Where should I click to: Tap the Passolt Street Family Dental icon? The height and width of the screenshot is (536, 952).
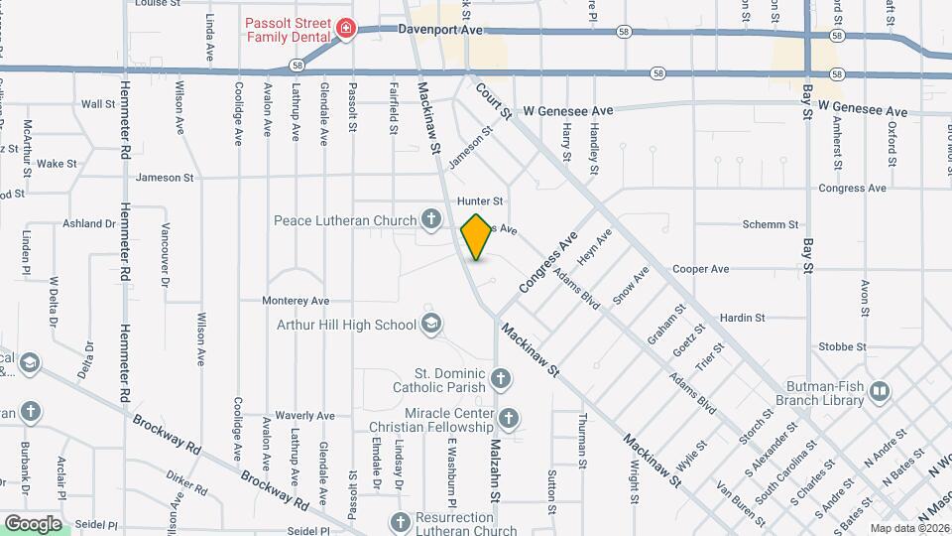(x=345, y=28)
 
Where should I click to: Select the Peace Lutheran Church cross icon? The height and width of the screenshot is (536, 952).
(x=430, y=217)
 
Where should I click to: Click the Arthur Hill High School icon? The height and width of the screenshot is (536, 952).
(x=431, y=324)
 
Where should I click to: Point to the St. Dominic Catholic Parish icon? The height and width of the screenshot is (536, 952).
(x=502, y=378)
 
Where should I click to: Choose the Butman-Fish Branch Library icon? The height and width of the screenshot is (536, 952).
(x=879, y=392)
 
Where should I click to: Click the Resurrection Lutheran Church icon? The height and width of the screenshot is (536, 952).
(x=401, y=523)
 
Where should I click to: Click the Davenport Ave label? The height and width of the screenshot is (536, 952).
(x=440, y=31)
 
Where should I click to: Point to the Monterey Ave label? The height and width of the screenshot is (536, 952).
(x=295, y=301)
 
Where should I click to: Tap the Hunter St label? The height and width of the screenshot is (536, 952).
(x=481, y=201)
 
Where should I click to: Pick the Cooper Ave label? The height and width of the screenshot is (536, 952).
(x=700, y=269)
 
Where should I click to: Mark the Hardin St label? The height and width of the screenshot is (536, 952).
(x=742, y=318)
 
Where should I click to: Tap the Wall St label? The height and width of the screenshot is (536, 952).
(x=98, y=103)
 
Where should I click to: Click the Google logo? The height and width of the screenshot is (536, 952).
(x=33, y=523)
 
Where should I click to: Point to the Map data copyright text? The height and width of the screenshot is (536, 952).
(x=908, y=528)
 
